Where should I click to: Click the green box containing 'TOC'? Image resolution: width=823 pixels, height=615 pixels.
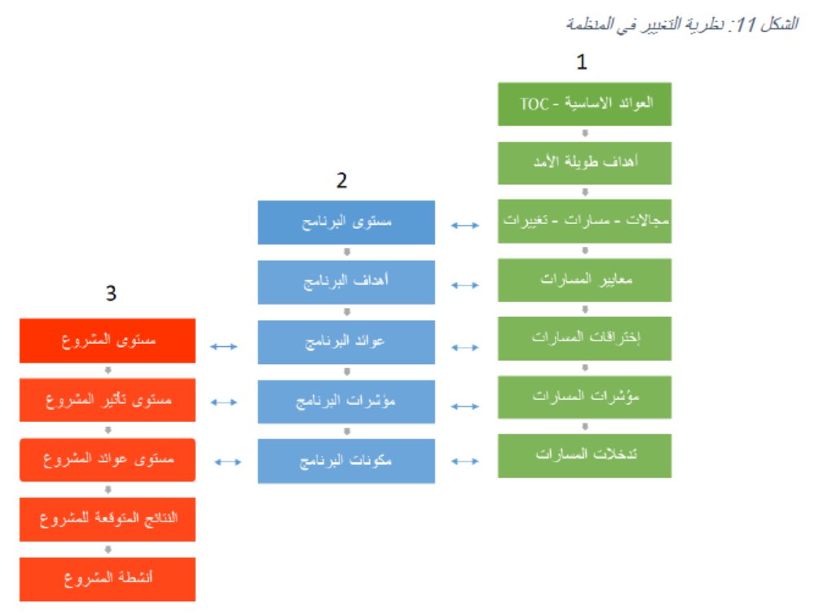[x=584, y=103]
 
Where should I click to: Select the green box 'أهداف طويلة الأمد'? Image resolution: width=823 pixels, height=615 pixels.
[x=584, y=163]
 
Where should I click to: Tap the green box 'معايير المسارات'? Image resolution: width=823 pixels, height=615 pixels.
[x=584, y=280]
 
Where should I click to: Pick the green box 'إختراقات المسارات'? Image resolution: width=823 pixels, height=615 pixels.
[x=584, y=338]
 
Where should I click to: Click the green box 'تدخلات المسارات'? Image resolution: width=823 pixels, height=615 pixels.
[x=584, y=455]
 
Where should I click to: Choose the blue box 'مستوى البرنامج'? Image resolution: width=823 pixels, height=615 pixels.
[x=346, y=222]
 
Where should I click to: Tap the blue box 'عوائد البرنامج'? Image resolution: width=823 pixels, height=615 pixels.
[x=346, y=342]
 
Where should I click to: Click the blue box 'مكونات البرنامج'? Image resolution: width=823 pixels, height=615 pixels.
[x=346, y=461]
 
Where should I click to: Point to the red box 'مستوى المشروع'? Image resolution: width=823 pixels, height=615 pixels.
[x=108, y=340]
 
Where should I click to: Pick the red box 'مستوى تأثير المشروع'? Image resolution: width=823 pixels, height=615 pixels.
[x=108, y=400]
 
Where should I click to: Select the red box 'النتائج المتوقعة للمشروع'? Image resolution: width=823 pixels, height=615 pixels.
[x=108, y=519]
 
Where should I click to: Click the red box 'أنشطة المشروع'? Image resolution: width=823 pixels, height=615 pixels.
[x=108, y=579]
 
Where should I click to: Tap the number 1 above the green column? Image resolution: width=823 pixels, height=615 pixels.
[x=582, y=63]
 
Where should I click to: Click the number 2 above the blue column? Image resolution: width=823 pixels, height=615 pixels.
[x=341, y=181]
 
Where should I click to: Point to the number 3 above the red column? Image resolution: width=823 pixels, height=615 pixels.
[x=111, y=294]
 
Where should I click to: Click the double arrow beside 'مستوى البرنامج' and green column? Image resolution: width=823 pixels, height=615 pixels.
[x=465, y=226]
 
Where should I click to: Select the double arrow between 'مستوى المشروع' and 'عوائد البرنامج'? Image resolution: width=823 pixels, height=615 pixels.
[x=223, y=346]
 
